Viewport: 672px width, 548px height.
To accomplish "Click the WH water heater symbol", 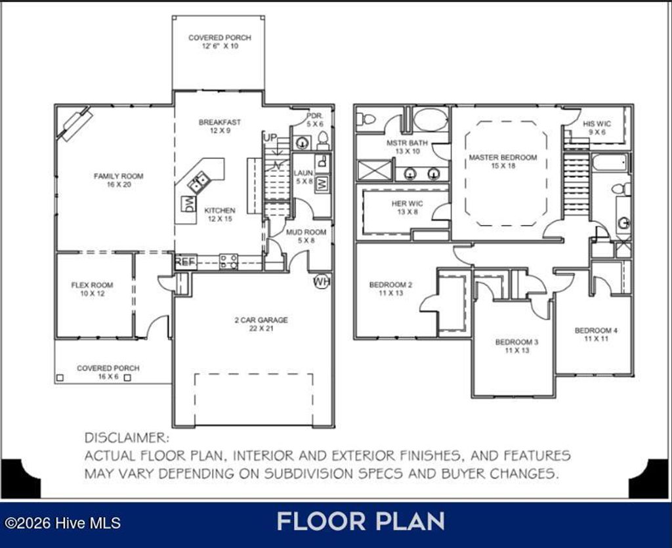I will (321, 282).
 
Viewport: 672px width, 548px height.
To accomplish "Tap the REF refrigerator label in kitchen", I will (186, 262).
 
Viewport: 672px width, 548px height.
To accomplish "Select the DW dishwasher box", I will (188, 203).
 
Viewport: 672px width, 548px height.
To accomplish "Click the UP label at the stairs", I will (270, 138).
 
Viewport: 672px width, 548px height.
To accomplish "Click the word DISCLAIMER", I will (127, 438).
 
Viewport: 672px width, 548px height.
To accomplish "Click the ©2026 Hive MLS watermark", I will (63, 523).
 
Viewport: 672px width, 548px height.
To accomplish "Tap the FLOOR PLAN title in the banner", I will (360, 522).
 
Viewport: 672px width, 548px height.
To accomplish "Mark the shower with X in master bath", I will (374, 170).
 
